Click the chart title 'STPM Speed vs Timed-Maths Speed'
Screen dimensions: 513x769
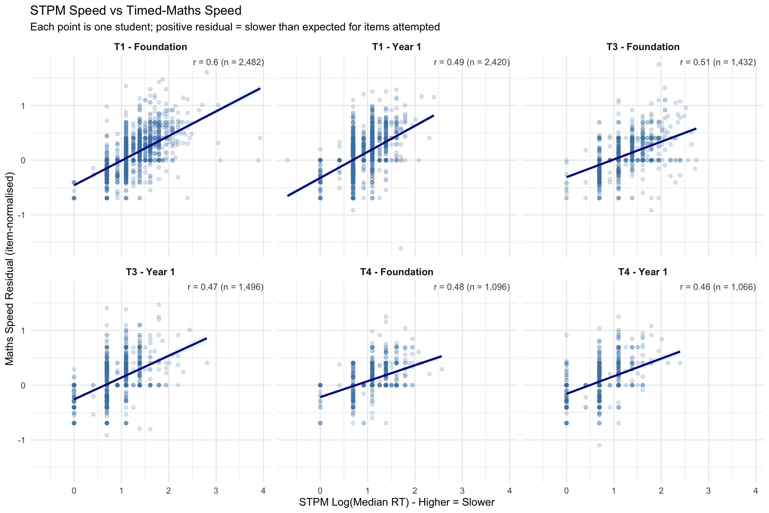coord(136,11)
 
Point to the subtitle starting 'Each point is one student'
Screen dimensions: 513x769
coord(235,27)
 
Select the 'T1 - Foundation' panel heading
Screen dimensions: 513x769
coord(151,47)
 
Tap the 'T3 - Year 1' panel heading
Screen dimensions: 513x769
coord(151,272)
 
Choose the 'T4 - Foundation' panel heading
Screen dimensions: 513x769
coord(397,272)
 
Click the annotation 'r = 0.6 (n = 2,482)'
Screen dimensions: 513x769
coord(228,62)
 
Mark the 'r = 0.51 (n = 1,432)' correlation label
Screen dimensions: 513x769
coord(718,62)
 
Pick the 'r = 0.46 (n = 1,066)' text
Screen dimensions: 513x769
coord(718,287)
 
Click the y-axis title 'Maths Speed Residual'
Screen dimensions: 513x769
coord(9,269)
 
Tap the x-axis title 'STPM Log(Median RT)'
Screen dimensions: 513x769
coord(397,502)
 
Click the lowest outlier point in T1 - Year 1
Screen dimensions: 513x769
coord(401,248)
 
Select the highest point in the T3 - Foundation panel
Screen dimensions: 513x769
coord(659,64)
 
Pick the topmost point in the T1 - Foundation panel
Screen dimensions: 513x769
coord(207,72)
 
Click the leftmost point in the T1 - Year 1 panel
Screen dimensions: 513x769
coord(287,160)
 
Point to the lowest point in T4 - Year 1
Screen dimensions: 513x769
coord(599,445)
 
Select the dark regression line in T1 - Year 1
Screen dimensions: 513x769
coord(360,156)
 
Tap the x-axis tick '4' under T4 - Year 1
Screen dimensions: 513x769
coord(756,491)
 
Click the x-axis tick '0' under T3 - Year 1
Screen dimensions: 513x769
coord(74,491)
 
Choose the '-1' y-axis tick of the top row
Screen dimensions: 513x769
coord(22,215)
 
